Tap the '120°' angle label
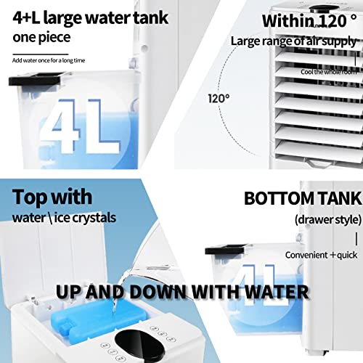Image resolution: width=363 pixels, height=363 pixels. click(219, 97)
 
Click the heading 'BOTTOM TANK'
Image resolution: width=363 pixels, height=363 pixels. click(300, 199)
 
